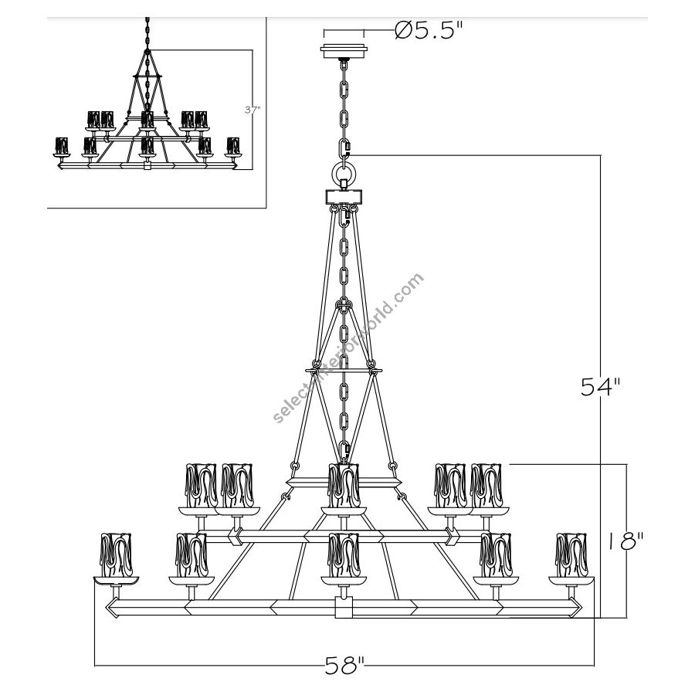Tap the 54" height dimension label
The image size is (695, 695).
tap(602, 387)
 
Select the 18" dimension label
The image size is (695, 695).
tap(625, 541)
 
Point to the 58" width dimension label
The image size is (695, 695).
tap(344, 666)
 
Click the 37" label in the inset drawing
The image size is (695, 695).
tap(252, 110)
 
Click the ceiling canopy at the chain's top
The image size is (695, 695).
tap(344, 50)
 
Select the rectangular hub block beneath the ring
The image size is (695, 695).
tap(344, 195)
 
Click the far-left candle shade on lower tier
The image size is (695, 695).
tap(116, 554)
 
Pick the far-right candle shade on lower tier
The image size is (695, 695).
tap(571, 554)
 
